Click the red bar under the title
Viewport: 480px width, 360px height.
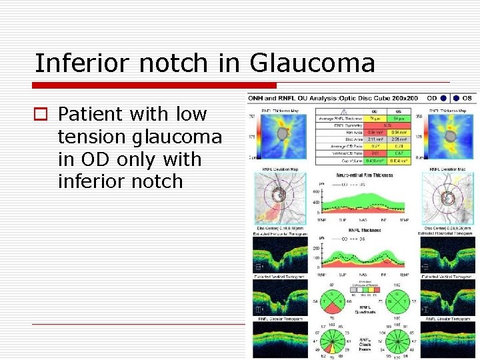(155, 85)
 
